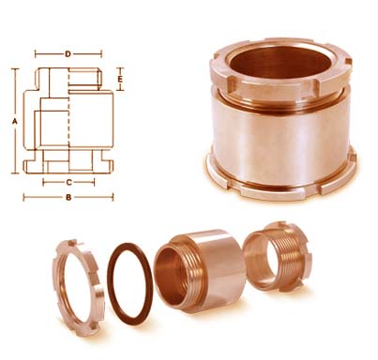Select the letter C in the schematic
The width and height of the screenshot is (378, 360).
point(68,178)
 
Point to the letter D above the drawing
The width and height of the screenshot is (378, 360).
point(68,54)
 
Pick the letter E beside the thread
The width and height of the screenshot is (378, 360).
point(120,81)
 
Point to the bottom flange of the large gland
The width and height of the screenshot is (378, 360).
point(281,183)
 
